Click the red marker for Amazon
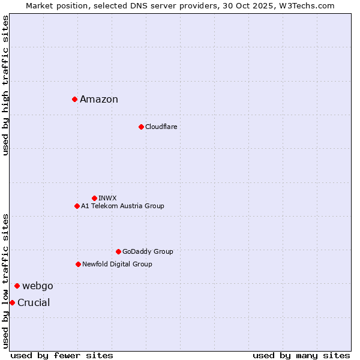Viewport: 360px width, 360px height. coord(74,99)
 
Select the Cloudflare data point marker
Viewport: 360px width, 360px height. coord(141,127)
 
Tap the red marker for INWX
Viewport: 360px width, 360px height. coord(94,198)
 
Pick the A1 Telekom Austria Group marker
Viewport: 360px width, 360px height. coord(77,206)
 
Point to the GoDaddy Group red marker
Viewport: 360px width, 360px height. coord(118,251)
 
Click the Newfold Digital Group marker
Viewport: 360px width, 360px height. coord(78,264)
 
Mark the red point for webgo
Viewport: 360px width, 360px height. coord(17,286)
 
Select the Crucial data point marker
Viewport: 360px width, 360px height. coord(12,302)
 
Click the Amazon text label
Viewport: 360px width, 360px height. coord(99,100)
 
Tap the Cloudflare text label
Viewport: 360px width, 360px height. coord(161,127)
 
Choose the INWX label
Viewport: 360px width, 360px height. coord(107,198)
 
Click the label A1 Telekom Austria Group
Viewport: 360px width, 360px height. coord(122,206)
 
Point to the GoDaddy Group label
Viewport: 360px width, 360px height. coord(148,251)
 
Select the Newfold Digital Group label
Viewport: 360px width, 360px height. coord(117,264)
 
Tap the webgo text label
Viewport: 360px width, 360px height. coord(38,286)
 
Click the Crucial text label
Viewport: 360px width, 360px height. coord(34,302)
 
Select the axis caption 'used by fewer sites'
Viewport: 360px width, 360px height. coord(62,355)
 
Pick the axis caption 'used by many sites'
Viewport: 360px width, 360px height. coord(301,355)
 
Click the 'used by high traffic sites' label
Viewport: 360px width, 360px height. coord(5,85)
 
